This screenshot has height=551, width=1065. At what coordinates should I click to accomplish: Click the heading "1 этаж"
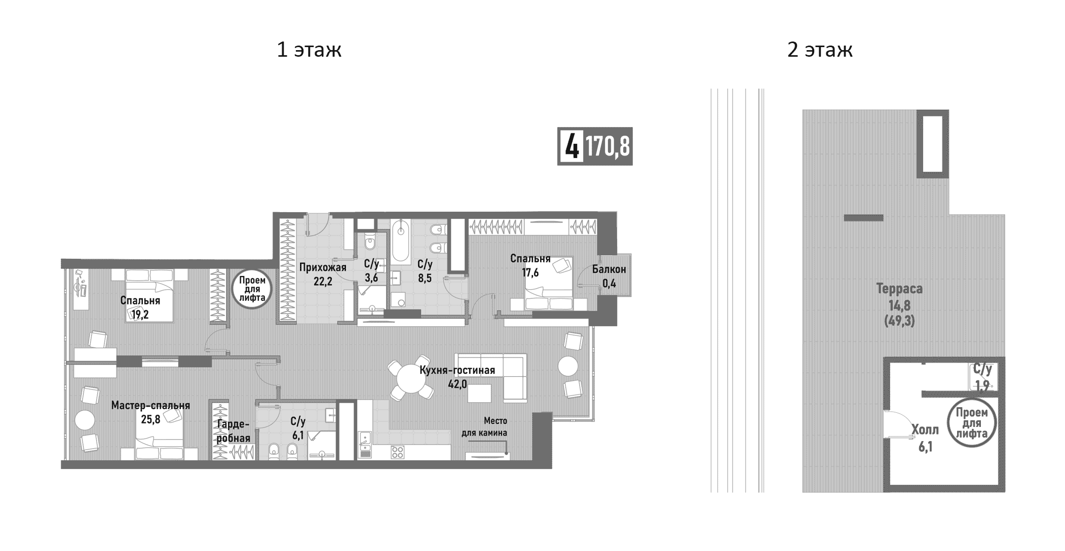(x=309, y=50)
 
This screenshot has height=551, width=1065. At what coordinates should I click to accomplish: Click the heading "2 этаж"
(x=820, y=50)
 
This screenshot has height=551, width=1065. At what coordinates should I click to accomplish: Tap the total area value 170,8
(x=607, y=146)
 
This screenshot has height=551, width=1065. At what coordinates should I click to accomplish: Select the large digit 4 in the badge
(x=571, y=146)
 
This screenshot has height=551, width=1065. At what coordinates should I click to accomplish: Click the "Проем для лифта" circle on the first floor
(x=252, y=289)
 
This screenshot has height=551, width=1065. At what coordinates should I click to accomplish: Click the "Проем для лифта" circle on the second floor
(x=971, y=423)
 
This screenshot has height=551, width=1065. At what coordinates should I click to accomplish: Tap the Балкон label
(x=609, y=269)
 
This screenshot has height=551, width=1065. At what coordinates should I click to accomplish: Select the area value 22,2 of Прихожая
(x=322, y=282)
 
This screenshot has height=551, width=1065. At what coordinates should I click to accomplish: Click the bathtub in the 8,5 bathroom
(x=400, y=242)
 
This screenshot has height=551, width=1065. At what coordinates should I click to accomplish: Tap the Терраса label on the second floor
(x=899, y=289)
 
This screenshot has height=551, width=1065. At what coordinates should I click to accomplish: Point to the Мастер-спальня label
(x=150, y=405)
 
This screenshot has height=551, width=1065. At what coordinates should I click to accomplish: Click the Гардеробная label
(x=233, y=431)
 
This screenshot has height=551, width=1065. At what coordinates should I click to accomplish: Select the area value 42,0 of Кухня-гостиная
(x=457, y=384)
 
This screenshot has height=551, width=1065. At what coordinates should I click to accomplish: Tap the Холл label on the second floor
(x=925, y=430)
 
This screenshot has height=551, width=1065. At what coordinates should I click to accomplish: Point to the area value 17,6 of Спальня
(x=530, y=272)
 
